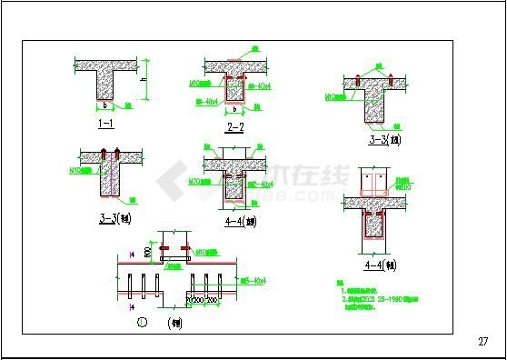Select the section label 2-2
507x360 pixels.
point(234,127)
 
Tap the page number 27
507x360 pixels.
point(482,342)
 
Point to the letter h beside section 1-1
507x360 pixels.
point(144,80)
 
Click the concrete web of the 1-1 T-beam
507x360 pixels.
point(105,86)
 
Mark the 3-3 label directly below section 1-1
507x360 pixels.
point(105,217)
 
